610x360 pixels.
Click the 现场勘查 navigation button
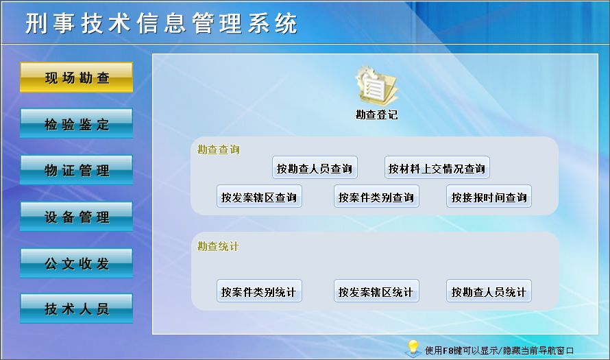(76, 77)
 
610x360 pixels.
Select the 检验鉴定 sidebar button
(76, 124)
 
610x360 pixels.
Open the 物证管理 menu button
(76, 171)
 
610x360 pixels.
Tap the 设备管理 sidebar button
(76, 217)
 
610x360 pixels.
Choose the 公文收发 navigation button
(76, 263)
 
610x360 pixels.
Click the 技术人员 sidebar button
(76, 309)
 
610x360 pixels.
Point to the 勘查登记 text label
(376, 115)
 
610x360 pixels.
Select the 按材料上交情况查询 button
(437, 168)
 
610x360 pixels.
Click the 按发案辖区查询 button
(259, 197)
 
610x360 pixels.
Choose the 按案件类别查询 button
(376, 197)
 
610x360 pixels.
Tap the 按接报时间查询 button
(489, 197)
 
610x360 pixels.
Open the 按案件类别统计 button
(259, 292)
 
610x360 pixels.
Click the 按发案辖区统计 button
(376, 292)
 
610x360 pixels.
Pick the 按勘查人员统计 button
(489, 292)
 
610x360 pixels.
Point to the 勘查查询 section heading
(219, 149)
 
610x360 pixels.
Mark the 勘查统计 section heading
(219, 246)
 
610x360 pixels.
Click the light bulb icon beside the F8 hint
(413, 348)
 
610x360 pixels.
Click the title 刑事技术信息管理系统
(162, 24)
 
